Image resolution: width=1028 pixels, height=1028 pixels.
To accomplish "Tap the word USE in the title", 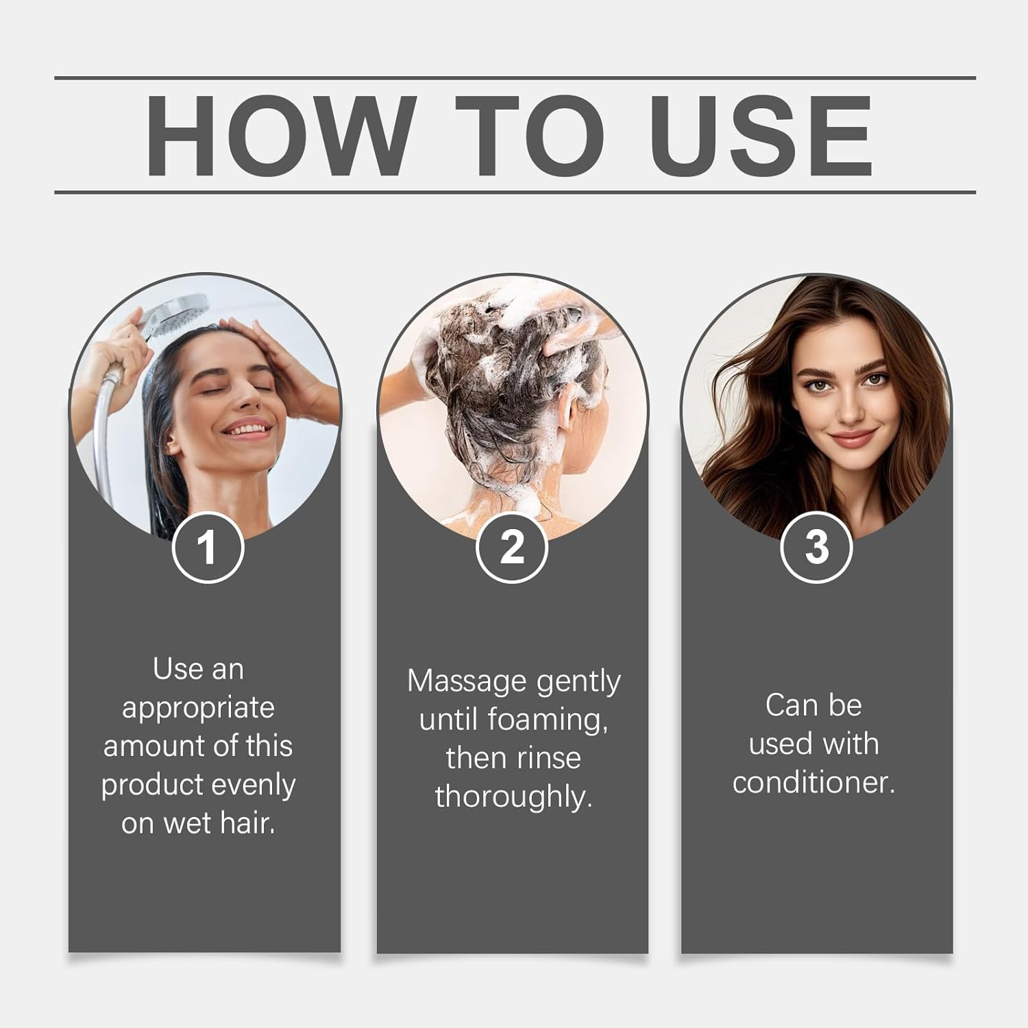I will [761, 136].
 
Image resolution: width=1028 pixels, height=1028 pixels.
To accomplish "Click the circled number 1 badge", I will [208, 548].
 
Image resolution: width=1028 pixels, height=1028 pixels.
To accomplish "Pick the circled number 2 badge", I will [512, 548].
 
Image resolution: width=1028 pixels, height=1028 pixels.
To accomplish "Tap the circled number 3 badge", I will [816, 548].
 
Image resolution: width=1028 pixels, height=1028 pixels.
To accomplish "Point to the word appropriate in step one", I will [198, 707].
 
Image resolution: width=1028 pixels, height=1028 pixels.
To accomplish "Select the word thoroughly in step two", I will [513, 796].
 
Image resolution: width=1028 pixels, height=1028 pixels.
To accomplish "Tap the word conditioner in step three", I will [813, 783].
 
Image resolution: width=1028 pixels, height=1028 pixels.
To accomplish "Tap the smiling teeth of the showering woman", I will [244, 431].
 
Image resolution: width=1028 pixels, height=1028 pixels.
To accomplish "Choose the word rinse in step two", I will [548, 758].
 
